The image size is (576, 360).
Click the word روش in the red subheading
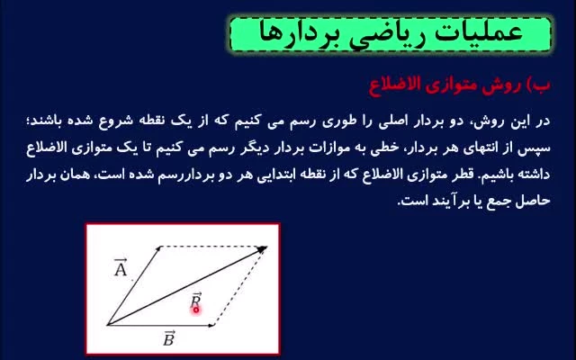pos(507,85)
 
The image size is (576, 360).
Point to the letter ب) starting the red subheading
pos(538,86)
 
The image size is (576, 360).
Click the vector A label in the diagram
pos(121,267)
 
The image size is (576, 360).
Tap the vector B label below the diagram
pos(168,338)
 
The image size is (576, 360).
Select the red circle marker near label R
pos(196,310)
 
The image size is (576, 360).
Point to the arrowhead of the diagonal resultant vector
pos(263,249)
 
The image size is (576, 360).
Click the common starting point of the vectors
pos(107,325)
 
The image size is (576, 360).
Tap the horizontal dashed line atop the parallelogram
pos(212,246)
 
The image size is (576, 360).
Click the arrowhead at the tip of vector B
pos(212,325)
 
